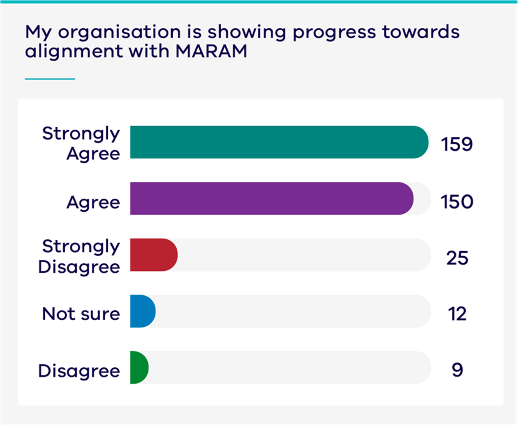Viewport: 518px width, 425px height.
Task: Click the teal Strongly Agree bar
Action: (x=279, y=142)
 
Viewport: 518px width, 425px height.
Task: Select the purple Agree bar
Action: (x=271, y=198)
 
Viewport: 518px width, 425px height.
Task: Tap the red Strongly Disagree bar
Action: (x=153, y=255)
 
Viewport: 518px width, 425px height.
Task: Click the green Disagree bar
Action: (x=139, y=367)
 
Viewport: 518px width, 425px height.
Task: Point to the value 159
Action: (x=457, y=144)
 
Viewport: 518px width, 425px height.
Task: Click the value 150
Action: (x=457, y=202)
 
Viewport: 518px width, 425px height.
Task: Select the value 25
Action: (x=457, y=258)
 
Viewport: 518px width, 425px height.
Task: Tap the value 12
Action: (x=457, y=314)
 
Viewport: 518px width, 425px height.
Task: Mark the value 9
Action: (x=457, y=370)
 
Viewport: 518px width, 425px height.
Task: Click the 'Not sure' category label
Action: (x=81, y=314)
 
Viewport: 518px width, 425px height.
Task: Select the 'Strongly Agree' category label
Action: (x=81, y=143)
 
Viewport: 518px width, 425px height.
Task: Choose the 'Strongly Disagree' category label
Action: (x=79, y=256)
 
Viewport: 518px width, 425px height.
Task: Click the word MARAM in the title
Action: (x=211, y=52)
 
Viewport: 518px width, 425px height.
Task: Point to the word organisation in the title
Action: (x=120, y=32)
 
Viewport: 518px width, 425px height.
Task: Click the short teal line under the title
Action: (x=50, y=79)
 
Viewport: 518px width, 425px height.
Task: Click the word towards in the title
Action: (x=421, y=32)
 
